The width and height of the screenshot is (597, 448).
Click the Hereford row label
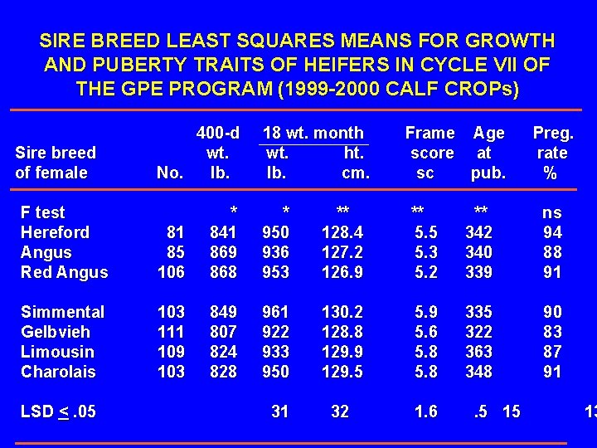pyautogui.click(x=55, y=232)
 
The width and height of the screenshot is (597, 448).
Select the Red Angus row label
pyautogui.click(x=64, y=272)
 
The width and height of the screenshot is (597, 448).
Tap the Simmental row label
pyautogui.click(x=62, y=312)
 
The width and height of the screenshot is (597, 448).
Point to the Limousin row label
pyautogui.click(x=57, y=352)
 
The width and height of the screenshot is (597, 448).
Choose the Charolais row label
pyautogui.click(x=58, y=372)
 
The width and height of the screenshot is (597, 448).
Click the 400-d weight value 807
pyautogui.click(x=223, y=332)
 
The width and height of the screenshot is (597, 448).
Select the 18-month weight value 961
pyautogui.click(x=275, y=312)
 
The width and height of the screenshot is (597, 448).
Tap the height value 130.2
pyautogui.click(x=342, y=312)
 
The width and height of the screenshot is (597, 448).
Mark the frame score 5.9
pyautogui.click(x=426, y=312)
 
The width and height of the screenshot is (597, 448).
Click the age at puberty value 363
pyautogui.click(x=478, y=352)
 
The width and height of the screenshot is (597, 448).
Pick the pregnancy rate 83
pyautogui.click(x=552, y=332)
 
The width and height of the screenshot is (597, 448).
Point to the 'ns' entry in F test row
pyautogui.click(x=552, y=212)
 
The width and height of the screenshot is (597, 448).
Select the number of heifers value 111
pyautogui.click(x=171, y=332)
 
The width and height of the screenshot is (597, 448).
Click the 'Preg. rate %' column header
pyautogui.click(x=552, y=153)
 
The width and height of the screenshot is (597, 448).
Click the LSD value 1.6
pyautogui.click(x=426, y=411)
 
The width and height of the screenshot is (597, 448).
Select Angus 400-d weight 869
pyautogui.click(x=223, y=252)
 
